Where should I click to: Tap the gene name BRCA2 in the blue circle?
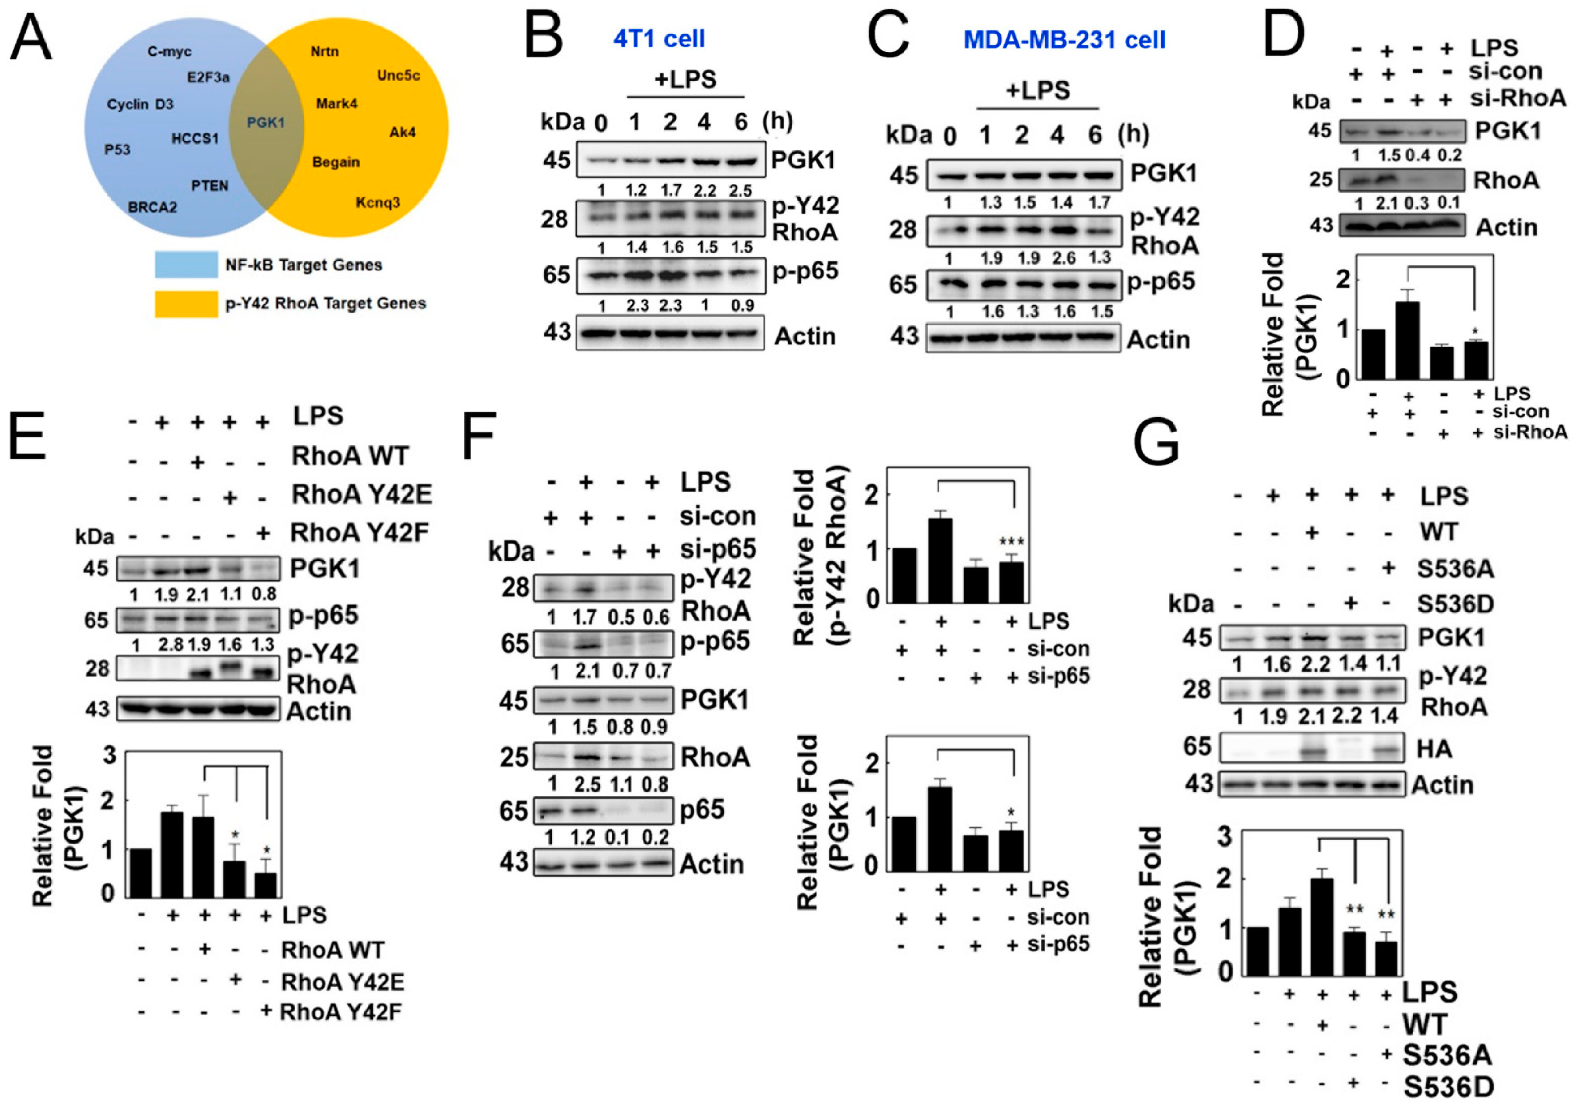[152, 206]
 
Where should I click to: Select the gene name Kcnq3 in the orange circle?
[377, 202]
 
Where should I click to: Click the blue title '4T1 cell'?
[659, 39]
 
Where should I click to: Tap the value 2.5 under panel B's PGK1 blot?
[740, 190]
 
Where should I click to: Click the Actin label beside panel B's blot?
[805, 336]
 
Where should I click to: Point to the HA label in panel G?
[1434, 749]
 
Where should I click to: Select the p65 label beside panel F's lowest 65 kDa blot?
[703, 810]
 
